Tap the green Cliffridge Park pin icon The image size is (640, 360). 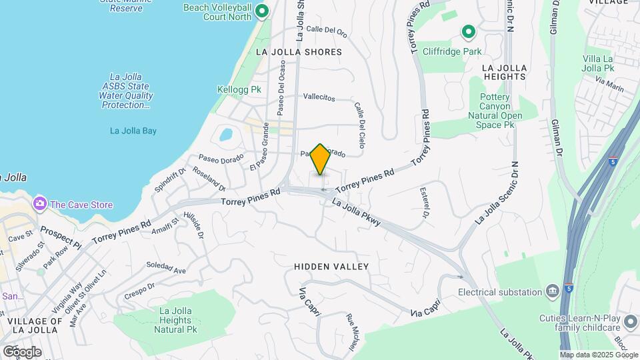click(468, 31)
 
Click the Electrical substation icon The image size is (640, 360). click(552, 291)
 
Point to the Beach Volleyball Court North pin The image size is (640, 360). click(262, 11)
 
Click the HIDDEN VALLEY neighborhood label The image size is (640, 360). click(331, 267)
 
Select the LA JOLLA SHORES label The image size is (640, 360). click(299, 51)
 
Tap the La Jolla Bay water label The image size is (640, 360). click(133, 131)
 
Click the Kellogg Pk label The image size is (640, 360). click(236, 89)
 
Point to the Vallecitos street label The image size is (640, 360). click(319, 97)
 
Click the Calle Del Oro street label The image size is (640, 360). click(327, 29)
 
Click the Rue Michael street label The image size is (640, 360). click(351, 331)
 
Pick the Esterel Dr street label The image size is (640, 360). click(424, 203)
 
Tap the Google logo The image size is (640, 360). click(21, 351)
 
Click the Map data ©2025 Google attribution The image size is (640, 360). click(599, 355)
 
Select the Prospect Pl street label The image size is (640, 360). click(60, 236)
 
